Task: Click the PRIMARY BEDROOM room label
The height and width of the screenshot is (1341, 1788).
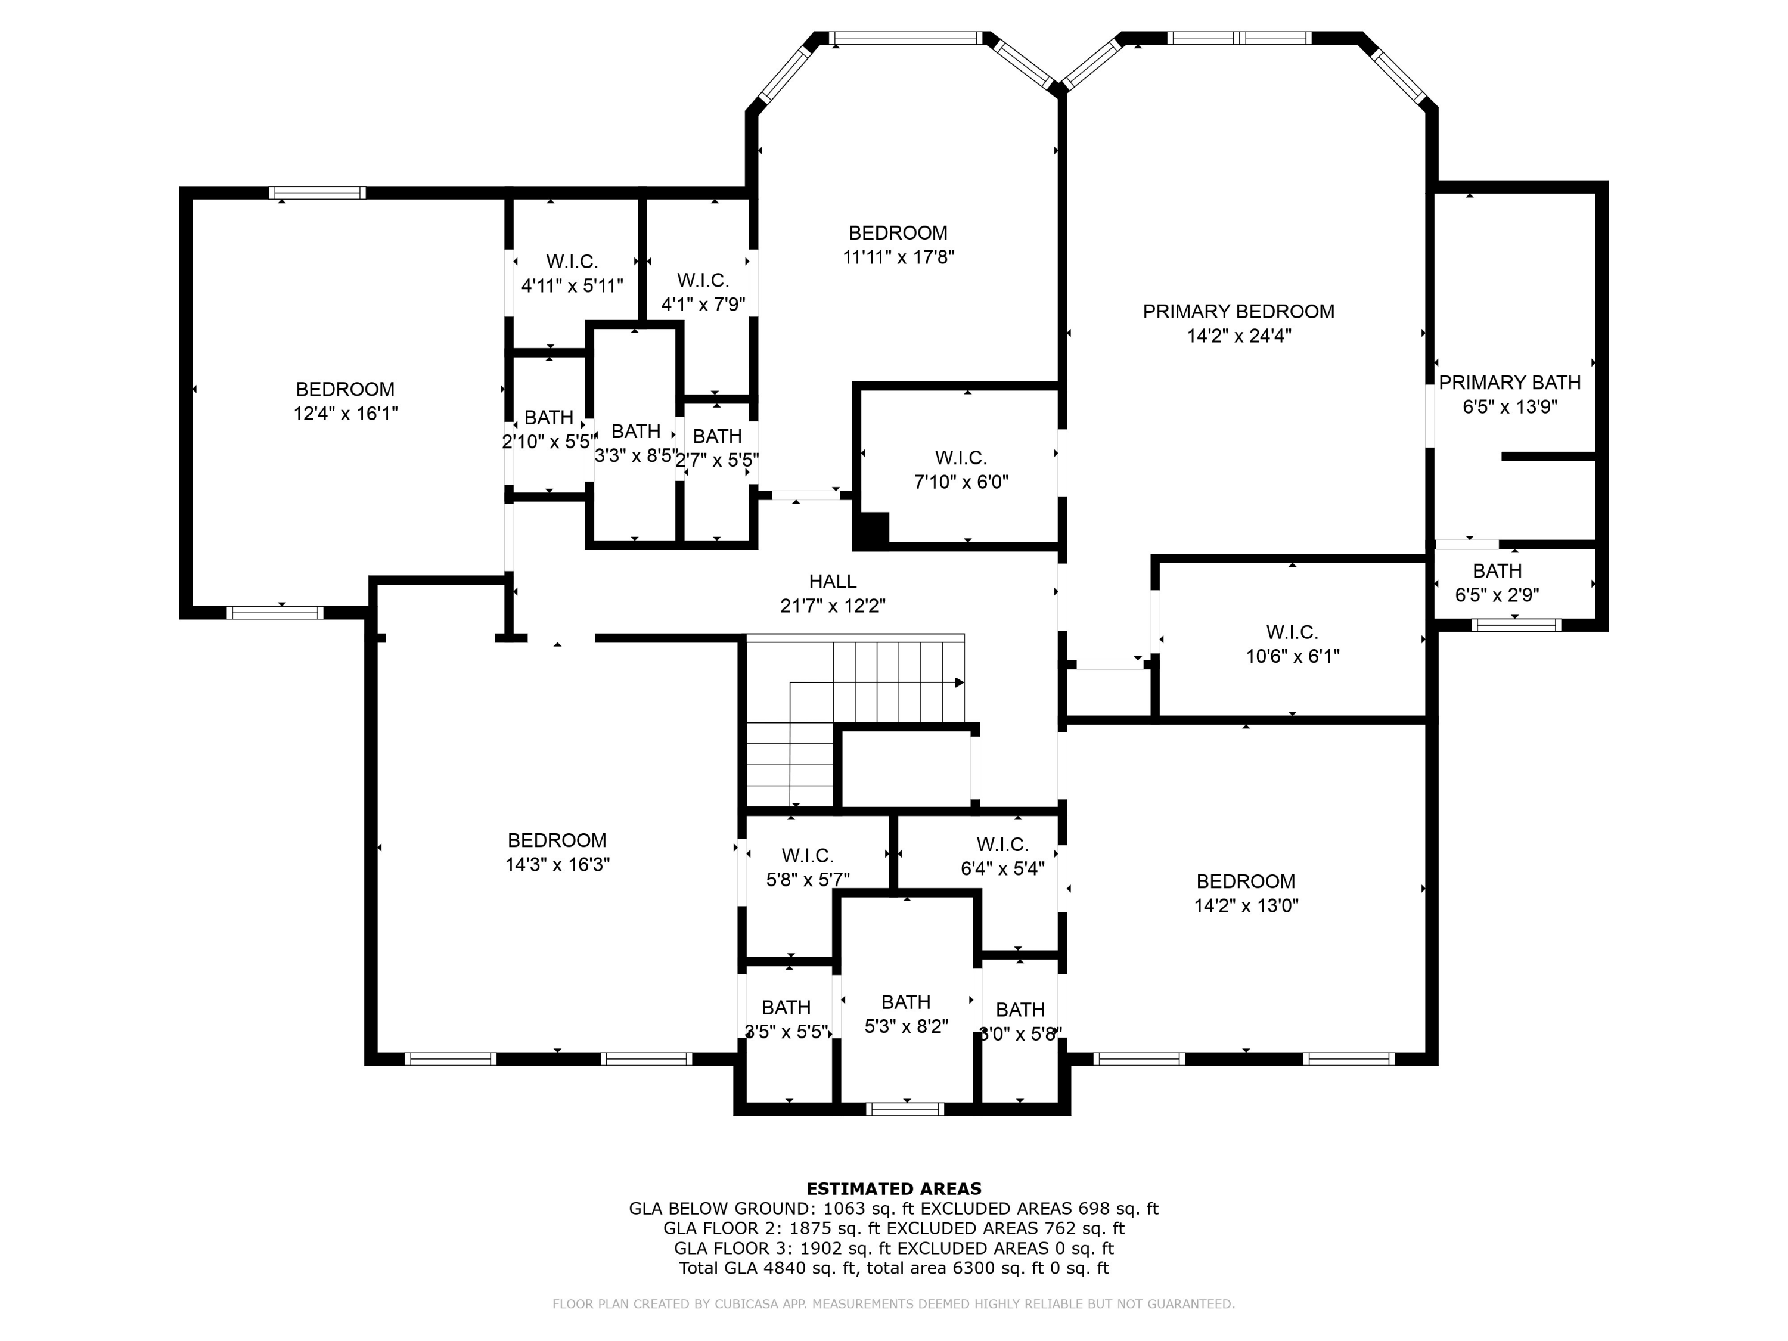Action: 1238,311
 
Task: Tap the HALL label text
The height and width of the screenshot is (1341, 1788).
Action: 833,581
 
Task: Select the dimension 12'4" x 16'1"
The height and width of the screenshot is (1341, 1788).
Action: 345,414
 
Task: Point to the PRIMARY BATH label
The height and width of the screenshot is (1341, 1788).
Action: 1509,383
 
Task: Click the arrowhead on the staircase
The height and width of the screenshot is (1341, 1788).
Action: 960,682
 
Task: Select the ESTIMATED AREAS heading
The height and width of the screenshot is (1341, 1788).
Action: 894,1189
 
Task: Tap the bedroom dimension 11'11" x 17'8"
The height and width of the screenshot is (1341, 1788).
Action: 898,257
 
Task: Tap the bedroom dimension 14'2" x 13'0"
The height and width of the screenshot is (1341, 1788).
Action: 1246,906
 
